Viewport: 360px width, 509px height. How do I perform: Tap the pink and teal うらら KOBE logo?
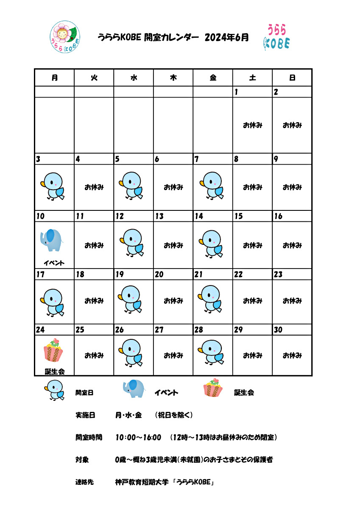(276, 37)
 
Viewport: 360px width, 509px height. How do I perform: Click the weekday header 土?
(252, 78)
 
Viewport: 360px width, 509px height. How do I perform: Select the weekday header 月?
(54, 78)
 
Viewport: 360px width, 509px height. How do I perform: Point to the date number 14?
(198, 216)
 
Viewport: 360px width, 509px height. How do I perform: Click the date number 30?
(278, 330)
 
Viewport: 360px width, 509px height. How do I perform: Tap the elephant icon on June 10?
(51, 241)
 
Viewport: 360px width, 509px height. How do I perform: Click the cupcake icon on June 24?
(53, 350)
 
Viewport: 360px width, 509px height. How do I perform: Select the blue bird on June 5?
(131, 185)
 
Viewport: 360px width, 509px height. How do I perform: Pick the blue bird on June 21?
(210, 299)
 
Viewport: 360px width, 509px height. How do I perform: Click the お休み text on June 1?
(252, 125)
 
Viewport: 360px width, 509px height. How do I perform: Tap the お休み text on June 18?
(94, 301)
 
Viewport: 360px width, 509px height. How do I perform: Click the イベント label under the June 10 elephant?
(54, 263)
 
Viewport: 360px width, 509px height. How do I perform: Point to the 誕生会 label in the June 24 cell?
(55, 372)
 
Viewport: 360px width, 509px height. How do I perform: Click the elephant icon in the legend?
(134, 389)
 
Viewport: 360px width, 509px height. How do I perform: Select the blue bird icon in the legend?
(55, 390)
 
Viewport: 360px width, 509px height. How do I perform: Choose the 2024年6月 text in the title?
(226, 37)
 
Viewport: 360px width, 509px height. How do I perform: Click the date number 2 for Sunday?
(276, 92)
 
